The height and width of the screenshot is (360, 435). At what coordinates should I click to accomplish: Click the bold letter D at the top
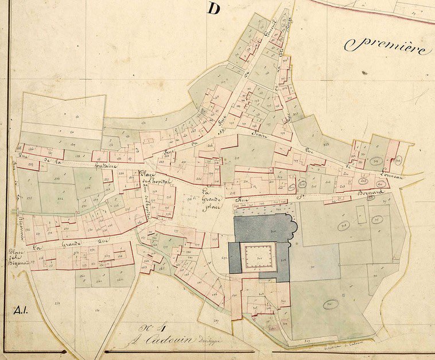(x=214, y=9)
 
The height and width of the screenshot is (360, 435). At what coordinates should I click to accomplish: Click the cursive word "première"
(x=386, y=45)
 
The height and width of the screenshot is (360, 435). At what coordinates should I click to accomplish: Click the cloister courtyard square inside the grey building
(x=258, y=256)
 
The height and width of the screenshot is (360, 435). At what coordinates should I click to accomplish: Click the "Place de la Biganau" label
(x=18, y=256)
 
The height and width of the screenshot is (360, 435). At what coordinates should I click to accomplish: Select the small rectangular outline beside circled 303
(x=361, y=215)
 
